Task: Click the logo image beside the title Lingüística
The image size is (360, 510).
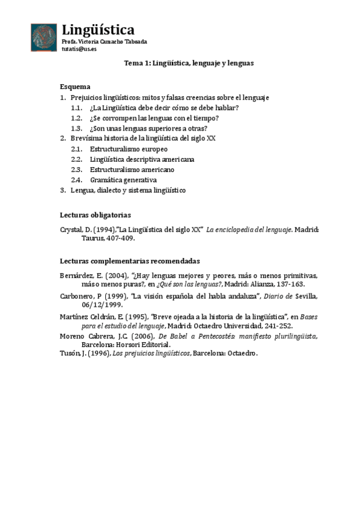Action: [x=44, y=37]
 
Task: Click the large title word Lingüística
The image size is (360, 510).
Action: [x=99, y=30]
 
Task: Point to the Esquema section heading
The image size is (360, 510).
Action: [x=75, y=86]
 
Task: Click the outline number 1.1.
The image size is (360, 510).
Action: [x=76, y=108]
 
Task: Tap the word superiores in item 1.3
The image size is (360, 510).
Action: [x=158, y=128]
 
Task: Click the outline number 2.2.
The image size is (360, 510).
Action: [x=76, y=159]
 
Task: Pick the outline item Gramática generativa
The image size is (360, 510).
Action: [x=123, y=180]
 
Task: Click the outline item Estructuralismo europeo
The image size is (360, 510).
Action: [x=128, y=149]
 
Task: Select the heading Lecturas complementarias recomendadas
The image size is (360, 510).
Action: [x=130, y=260]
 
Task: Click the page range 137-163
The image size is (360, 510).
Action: [x=290, y=284]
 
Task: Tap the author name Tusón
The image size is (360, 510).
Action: [x=70, y=354]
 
